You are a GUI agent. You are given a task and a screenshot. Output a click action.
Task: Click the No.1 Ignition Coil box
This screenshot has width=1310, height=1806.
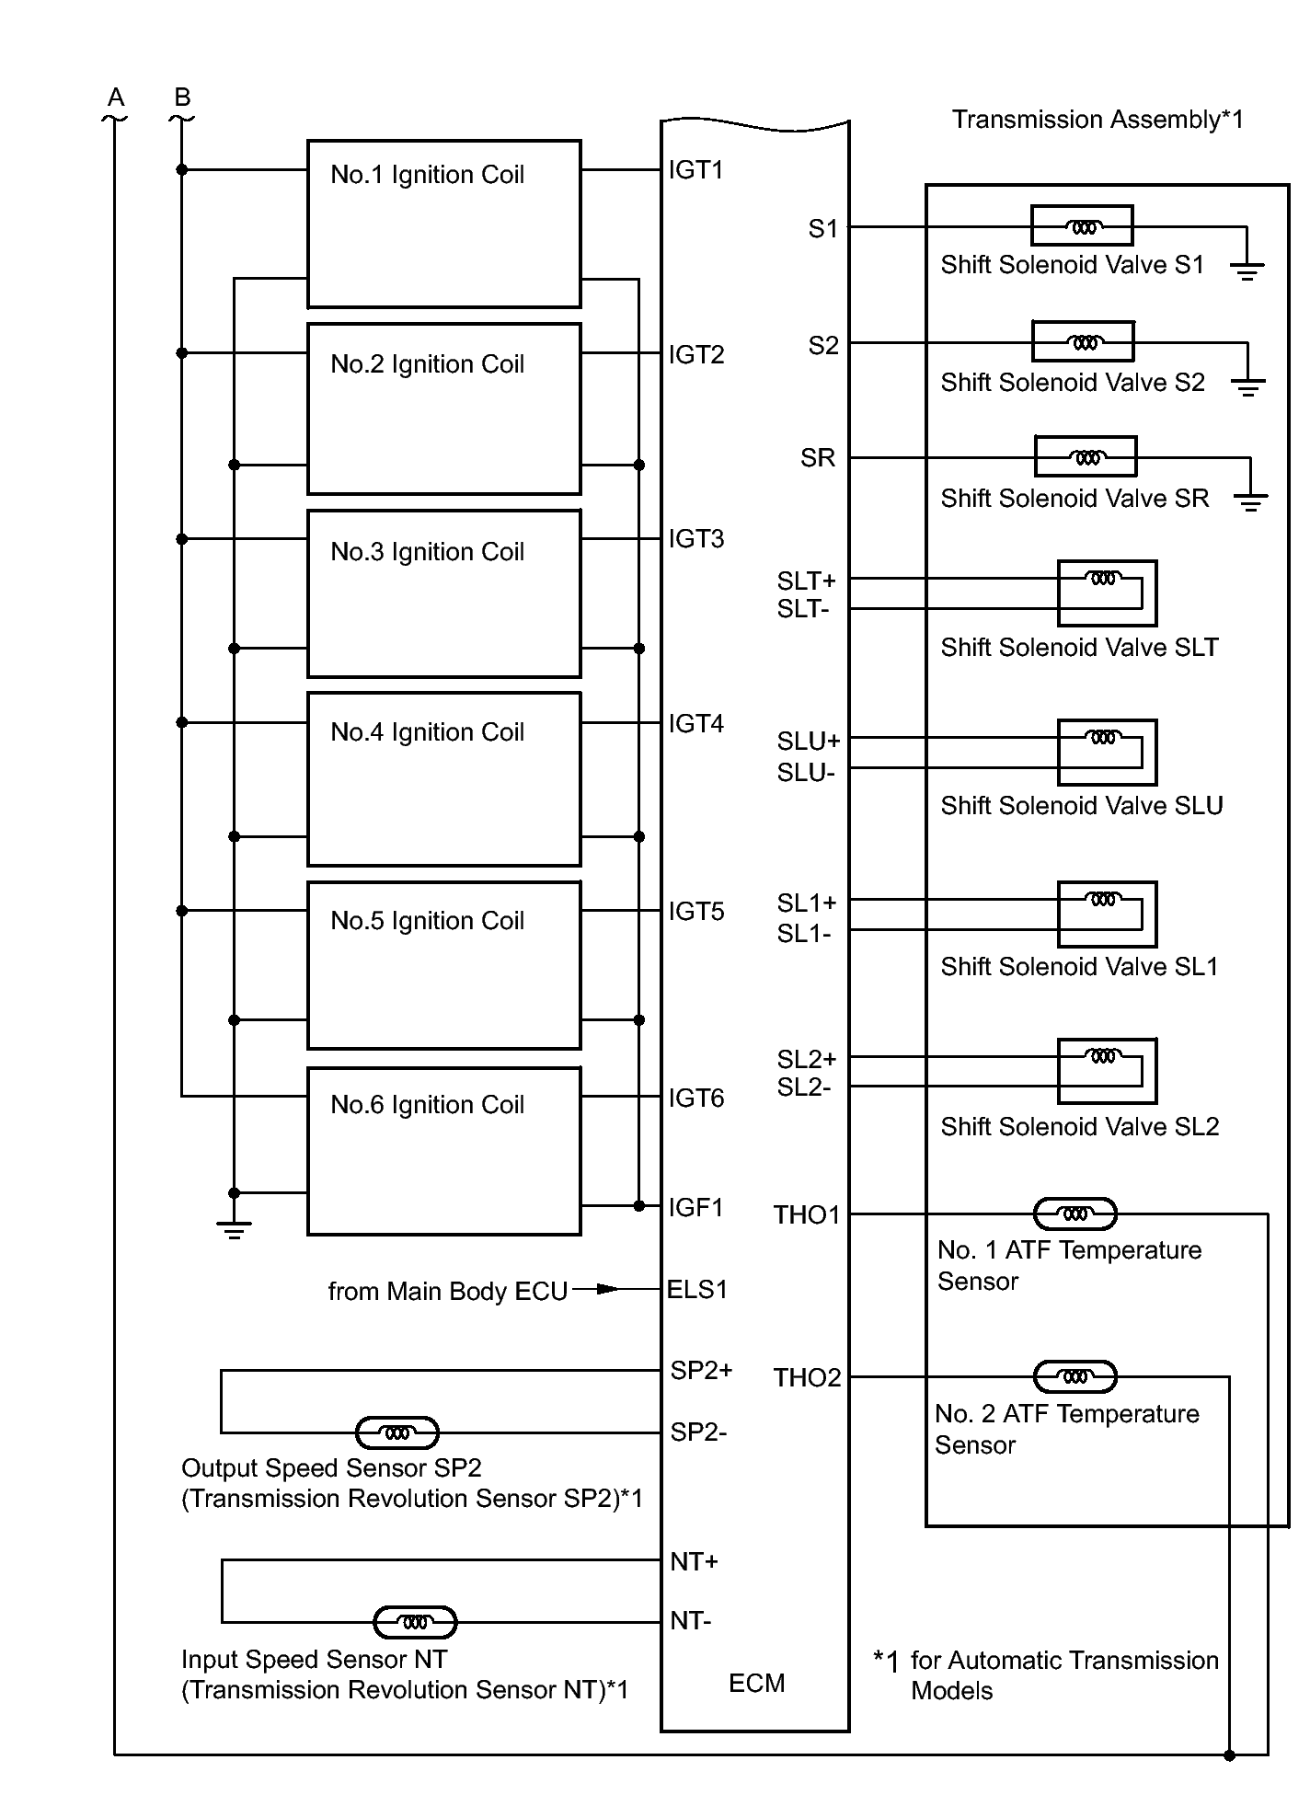point(443,224)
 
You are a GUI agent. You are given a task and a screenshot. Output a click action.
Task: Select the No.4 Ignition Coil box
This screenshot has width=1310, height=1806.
point(443,778)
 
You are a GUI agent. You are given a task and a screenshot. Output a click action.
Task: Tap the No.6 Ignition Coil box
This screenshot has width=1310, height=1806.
point(443,1150)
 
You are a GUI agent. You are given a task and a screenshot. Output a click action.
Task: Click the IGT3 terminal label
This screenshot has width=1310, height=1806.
point(696,539)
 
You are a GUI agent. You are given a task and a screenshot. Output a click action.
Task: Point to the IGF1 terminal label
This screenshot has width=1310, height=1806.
point(696,1207)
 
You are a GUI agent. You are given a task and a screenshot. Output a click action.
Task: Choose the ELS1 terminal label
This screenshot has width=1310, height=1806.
point(697,1290)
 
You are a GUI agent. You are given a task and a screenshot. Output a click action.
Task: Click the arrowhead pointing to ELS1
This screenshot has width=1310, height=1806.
point(608,1289)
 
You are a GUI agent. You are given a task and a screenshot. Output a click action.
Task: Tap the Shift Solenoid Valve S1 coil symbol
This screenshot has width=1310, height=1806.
point(1083,225)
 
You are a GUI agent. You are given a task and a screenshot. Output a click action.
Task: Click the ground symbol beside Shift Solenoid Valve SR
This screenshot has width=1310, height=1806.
point(1250,501)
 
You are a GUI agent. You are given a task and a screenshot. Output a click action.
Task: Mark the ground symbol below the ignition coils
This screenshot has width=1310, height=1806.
point(234,1229)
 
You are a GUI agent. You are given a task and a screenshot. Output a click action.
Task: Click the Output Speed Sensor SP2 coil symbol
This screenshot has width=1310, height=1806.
point(396,1432)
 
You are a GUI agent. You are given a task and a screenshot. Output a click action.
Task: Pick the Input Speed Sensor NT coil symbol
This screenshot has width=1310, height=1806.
point(415,1622)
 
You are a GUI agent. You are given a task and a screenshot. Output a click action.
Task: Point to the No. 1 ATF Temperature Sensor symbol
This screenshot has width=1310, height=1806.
point(1074,1214)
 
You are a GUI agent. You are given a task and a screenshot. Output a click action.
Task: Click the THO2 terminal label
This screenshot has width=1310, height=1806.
point(807,1377)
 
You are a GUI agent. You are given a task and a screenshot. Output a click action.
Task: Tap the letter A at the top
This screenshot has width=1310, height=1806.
point(115,98)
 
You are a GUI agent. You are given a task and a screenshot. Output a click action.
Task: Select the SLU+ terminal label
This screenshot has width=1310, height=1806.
point(808,742)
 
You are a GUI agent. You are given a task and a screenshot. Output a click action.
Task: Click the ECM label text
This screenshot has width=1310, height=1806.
point(756,1683)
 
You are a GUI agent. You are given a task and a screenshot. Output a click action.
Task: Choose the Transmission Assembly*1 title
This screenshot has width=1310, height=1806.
point(1097,120)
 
